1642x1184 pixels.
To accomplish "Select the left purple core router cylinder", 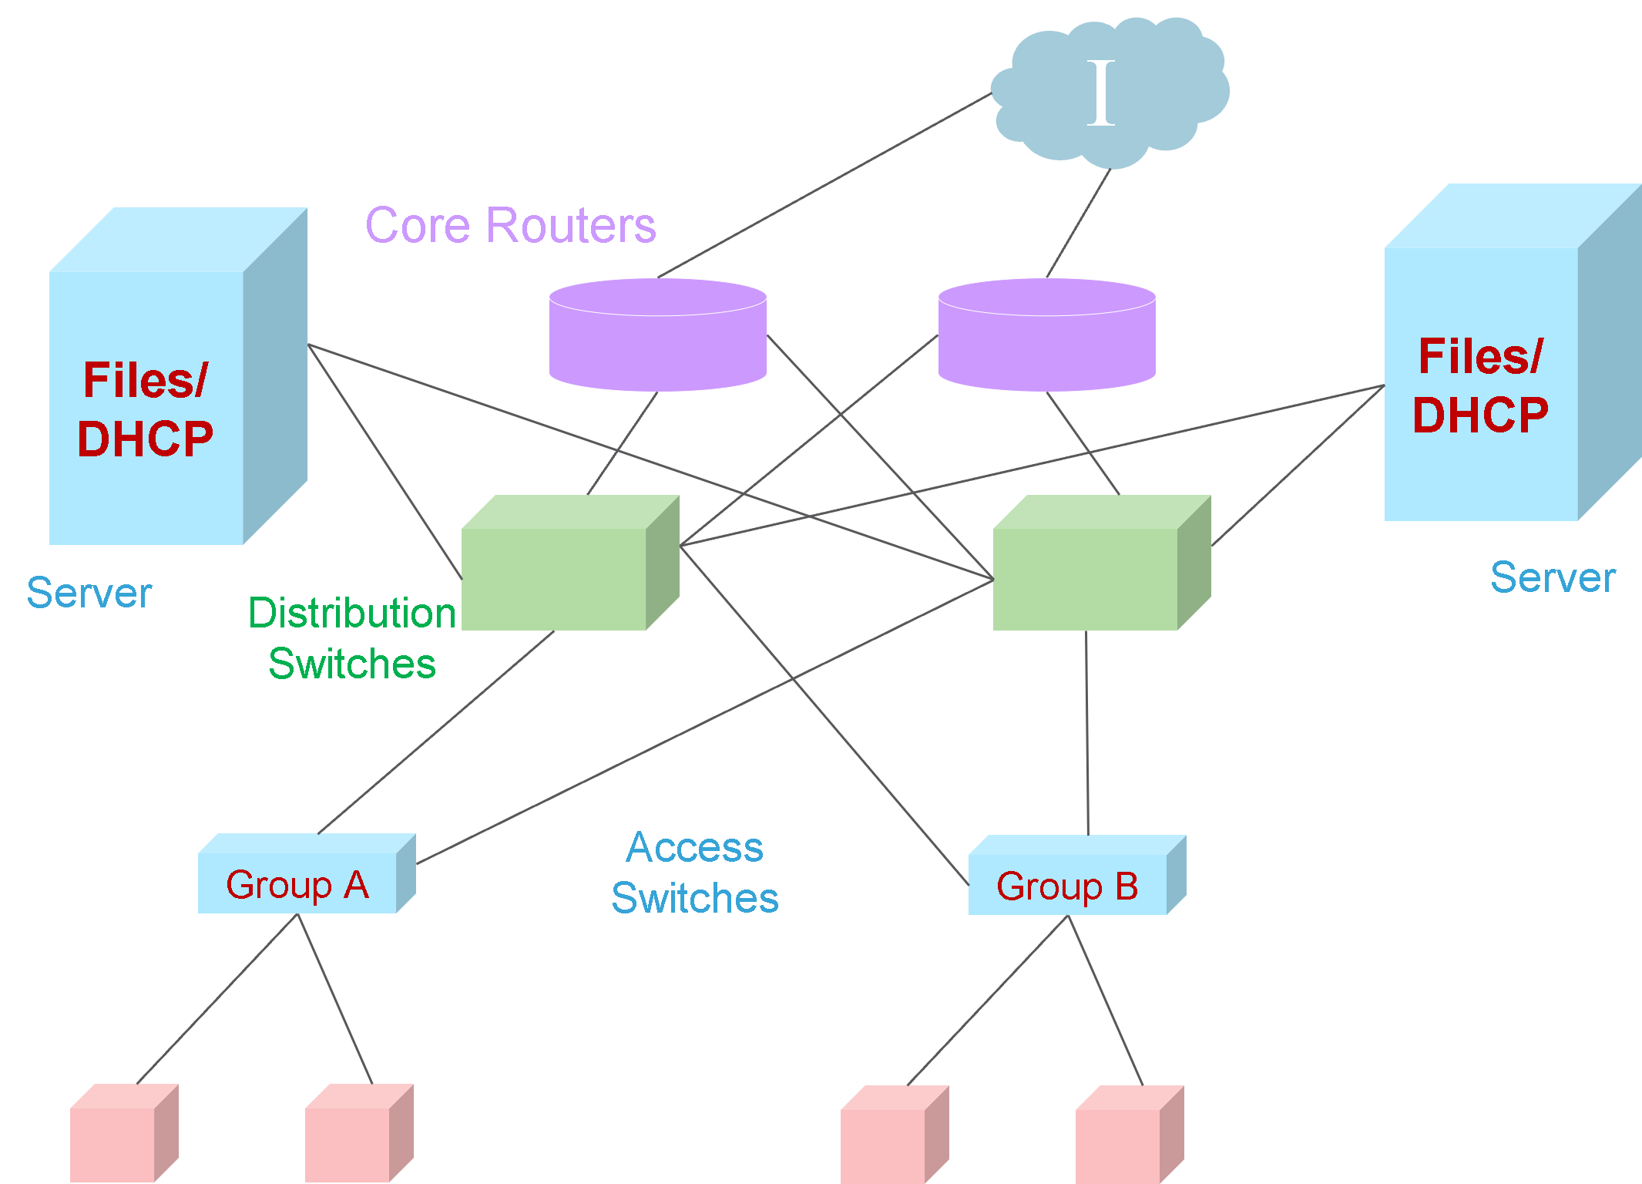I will [657, 339].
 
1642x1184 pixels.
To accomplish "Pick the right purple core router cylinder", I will [1046, 339].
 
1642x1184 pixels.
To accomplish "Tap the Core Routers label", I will [510, 225].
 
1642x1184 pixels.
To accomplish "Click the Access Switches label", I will [695, 873].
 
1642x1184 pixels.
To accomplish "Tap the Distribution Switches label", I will [352, 637].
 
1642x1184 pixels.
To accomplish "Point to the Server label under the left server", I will [89, 593].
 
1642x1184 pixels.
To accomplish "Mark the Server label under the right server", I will [1552, 577].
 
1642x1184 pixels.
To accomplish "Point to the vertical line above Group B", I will [1087, 732].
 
